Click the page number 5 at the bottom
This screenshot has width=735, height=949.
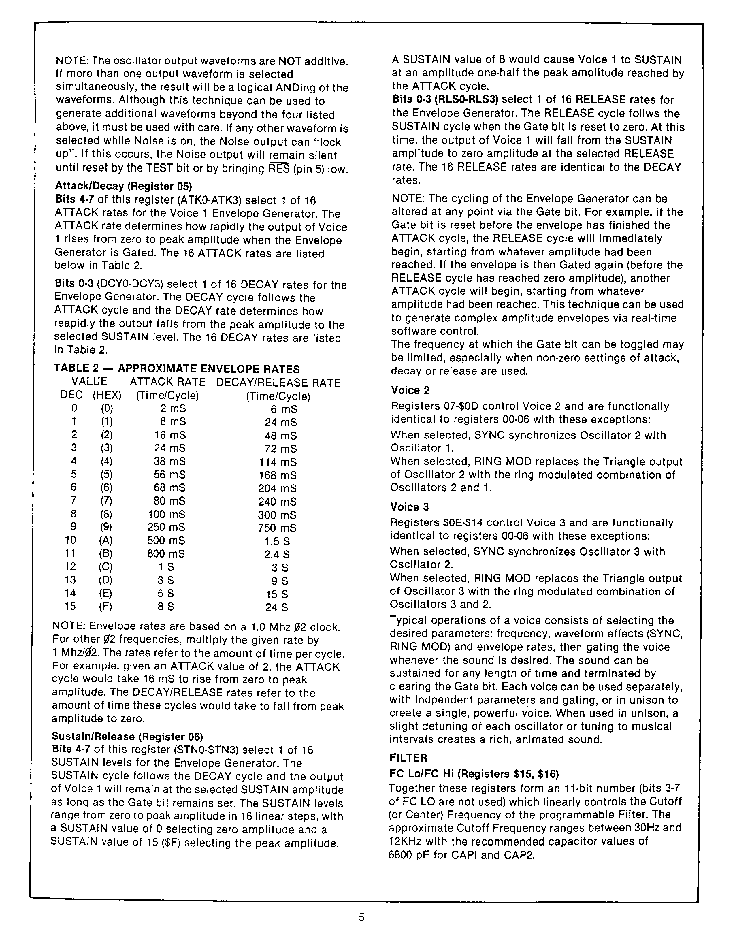click(361, 917)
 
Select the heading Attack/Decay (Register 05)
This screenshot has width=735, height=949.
click(123, 186)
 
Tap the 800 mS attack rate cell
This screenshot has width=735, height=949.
click(166, 553)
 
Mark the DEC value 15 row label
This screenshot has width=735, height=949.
click(70, 606)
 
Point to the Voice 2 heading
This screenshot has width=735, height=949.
click(410, 390)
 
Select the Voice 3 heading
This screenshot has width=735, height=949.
click(410, 507)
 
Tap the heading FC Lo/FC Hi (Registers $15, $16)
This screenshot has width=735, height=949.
click(474, 774)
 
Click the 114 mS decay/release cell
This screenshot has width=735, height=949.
click(278, 462)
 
